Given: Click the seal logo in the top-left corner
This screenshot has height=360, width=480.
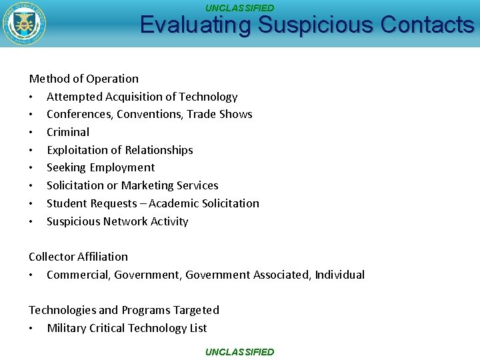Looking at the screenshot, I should point(25,24).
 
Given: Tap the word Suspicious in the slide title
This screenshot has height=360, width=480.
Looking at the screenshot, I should point(315,25).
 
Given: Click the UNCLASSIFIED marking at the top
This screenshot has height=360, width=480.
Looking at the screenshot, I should point(239,8).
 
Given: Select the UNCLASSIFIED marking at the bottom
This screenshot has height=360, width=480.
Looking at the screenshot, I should point(239,352).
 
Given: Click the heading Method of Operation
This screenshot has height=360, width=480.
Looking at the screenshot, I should point(83,79).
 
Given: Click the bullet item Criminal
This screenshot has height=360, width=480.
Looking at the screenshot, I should point(68,132).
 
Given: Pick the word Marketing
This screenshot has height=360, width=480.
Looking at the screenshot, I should point(146,185).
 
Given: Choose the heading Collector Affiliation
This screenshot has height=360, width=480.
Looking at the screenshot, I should point(78,257).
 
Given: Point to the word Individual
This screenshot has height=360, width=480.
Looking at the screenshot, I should point(339,275).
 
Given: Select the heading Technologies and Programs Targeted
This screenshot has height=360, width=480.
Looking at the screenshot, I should point(123,310).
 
